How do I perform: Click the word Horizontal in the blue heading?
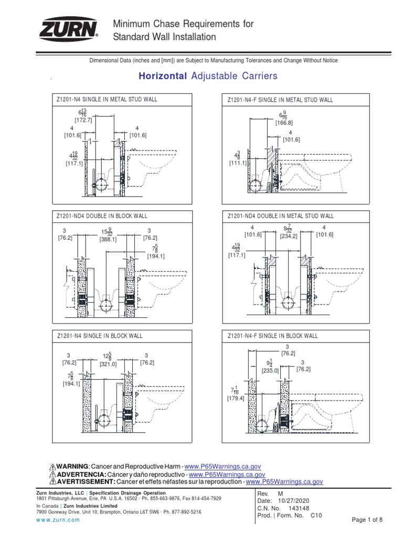tap(162, 77)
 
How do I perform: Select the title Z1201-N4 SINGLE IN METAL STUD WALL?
tap(107, 99)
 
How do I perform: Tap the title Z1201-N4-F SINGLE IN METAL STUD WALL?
tap(280, 99)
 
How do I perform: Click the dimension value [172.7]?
tap(83, 120)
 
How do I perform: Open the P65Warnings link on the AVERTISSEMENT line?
tap(284, 481)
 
